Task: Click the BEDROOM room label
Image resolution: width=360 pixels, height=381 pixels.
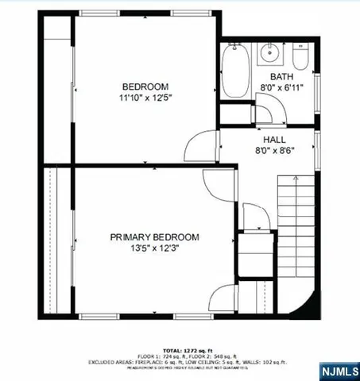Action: click(145, 87)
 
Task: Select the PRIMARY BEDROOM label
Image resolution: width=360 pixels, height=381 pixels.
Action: click(154, 237)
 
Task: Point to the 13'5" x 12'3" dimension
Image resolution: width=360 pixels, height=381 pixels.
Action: click(154, 248)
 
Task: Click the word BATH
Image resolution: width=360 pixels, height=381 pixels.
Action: click(281, 76)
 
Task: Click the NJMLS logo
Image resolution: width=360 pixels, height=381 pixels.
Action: click(339, 371)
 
